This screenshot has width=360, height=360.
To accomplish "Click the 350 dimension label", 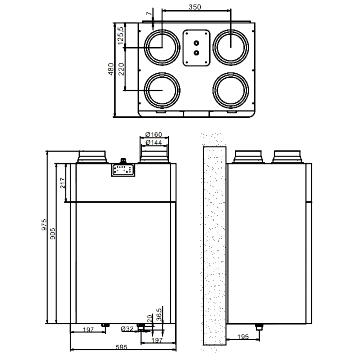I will click(x=196, y=6).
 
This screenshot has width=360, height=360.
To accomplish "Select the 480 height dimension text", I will click(x=111, y=69).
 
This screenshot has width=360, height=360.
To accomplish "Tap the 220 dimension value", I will click(x=121, y=69).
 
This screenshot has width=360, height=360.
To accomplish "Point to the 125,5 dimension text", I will click(x=121, y=36).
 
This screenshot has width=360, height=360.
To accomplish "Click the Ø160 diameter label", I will click(x=154, y=135).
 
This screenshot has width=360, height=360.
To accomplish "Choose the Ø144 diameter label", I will click(x=154, y=143).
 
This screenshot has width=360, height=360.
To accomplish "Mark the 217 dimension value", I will click(x=62, y=183).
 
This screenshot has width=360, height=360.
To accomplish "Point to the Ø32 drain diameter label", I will click(x=127, y=328).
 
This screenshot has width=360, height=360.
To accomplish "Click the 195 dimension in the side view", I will click(x=244, y=337).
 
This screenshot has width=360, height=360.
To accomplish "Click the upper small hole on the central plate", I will click(x=196, y=43).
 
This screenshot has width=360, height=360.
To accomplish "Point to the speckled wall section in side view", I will click(x=215, y=245).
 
